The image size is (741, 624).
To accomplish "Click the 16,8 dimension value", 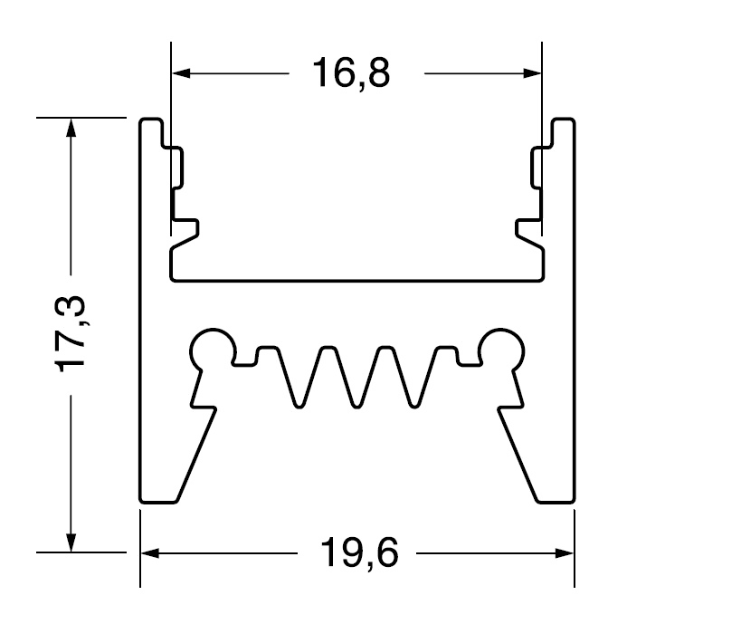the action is click(351, 72).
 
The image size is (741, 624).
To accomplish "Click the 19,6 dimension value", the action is click(359, 552).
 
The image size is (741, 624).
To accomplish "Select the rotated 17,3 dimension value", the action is click(71, 334).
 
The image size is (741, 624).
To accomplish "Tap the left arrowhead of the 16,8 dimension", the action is click(181, 72).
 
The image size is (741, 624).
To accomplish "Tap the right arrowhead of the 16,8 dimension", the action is click(532, 72).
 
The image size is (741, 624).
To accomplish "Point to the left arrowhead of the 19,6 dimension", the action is click(150, 552).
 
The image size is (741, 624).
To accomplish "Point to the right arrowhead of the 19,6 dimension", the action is click(565, 552).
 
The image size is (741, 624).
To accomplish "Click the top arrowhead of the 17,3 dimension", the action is click(71, 128).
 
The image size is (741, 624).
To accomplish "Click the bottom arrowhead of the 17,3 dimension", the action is click(71, 542).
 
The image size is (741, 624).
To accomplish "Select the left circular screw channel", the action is click(213, 351).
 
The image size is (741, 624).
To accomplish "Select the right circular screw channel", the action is click(501, 351).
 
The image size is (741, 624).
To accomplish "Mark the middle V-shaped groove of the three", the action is click(356, 378).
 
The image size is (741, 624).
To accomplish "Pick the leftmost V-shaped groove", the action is click(299, 378).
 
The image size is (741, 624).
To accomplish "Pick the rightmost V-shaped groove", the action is click(414, 378).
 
